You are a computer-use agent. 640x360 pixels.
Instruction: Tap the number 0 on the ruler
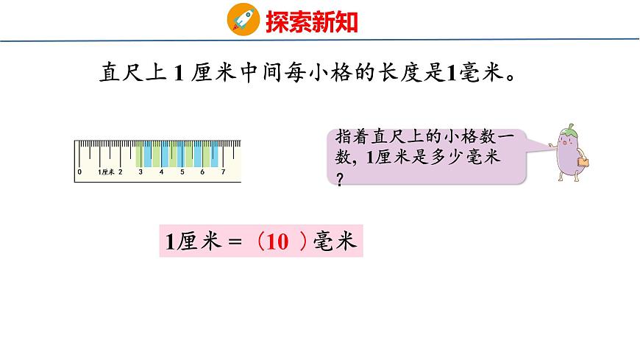coord(79,172)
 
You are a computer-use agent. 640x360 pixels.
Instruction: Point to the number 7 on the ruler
coord(223,172)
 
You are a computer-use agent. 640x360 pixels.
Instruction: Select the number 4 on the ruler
coord(162,172)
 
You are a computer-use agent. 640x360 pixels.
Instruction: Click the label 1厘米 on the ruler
coord(106,172)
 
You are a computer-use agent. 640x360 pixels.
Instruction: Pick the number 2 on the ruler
coord(121,172)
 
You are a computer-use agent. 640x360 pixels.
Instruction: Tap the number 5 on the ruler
coord(182,172)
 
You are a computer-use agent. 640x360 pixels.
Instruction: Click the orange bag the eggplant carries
coord(584,160)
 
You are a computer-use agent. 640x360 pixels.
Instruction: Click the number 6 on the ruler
coord(203,172)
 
